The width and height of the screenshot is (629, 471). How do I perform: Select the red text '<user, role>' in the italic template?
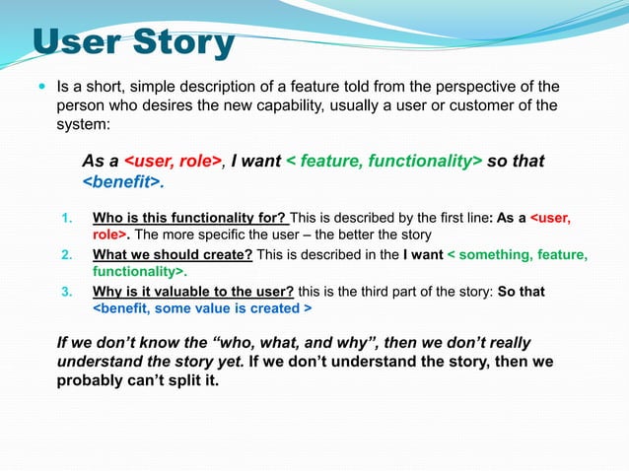(x=172, y=161)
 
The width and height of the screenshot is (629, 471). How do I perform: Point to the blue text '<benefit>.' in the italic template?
(x=122, y=182)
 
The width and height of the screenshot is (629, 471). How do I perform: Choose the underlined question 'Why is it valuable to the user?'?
(x=187, y=292)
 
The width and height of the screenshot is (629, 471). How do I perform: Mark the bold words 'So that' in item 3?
(x=522, y=292)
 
